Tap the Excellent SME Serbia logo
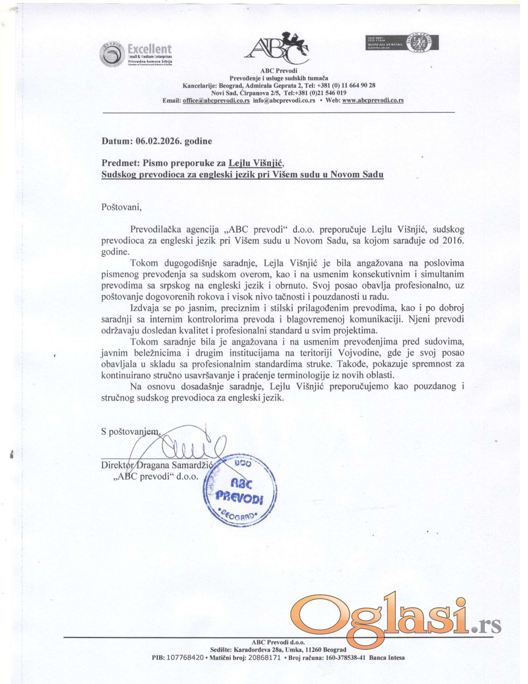[136, 55]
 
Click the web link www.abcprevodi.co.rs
[373, 100]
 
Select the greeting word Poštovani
[121, 207]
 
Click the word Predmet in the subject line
[120, 163]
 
